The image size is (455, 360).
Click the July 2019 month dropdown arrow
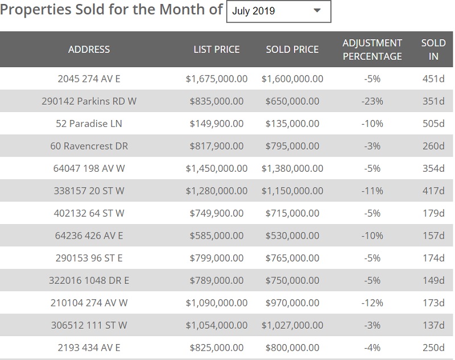[317, 11]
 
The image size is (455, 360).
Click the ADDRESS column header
[89, 49]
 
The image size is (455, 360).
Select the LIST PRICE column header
[217, 49]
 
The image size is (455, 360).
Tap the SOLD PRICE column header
[292, 49]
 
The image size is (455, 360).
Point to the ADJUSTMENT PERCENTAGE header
[372, 49]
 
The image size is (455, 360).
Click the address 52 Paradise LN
[89, 123]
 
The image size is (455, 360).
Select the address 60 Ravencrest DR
[89, 146]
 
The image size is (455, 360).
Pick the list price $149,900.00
[217, 123]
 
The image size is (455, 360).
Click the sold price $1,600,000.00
[292, 78]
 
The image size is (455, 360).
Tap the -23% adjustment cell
[372, 101]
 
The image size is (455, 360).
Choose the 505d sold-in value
[433, 123]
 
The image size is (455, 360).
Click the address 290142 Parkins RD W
[89, 101]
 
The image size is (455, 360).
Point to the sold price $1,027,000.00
[292, 325]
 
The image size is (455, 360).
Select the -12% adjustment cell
[372, 303]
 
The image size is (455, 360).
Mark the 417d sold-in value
[433, 191]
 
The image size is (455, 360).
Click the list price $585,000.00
[217, 235]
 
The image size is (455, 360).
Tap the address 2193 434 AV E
[89, 347]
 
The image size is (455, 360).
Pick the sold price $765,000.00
[292, 258]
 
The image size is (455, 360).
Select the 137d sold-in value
[433, 325]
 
